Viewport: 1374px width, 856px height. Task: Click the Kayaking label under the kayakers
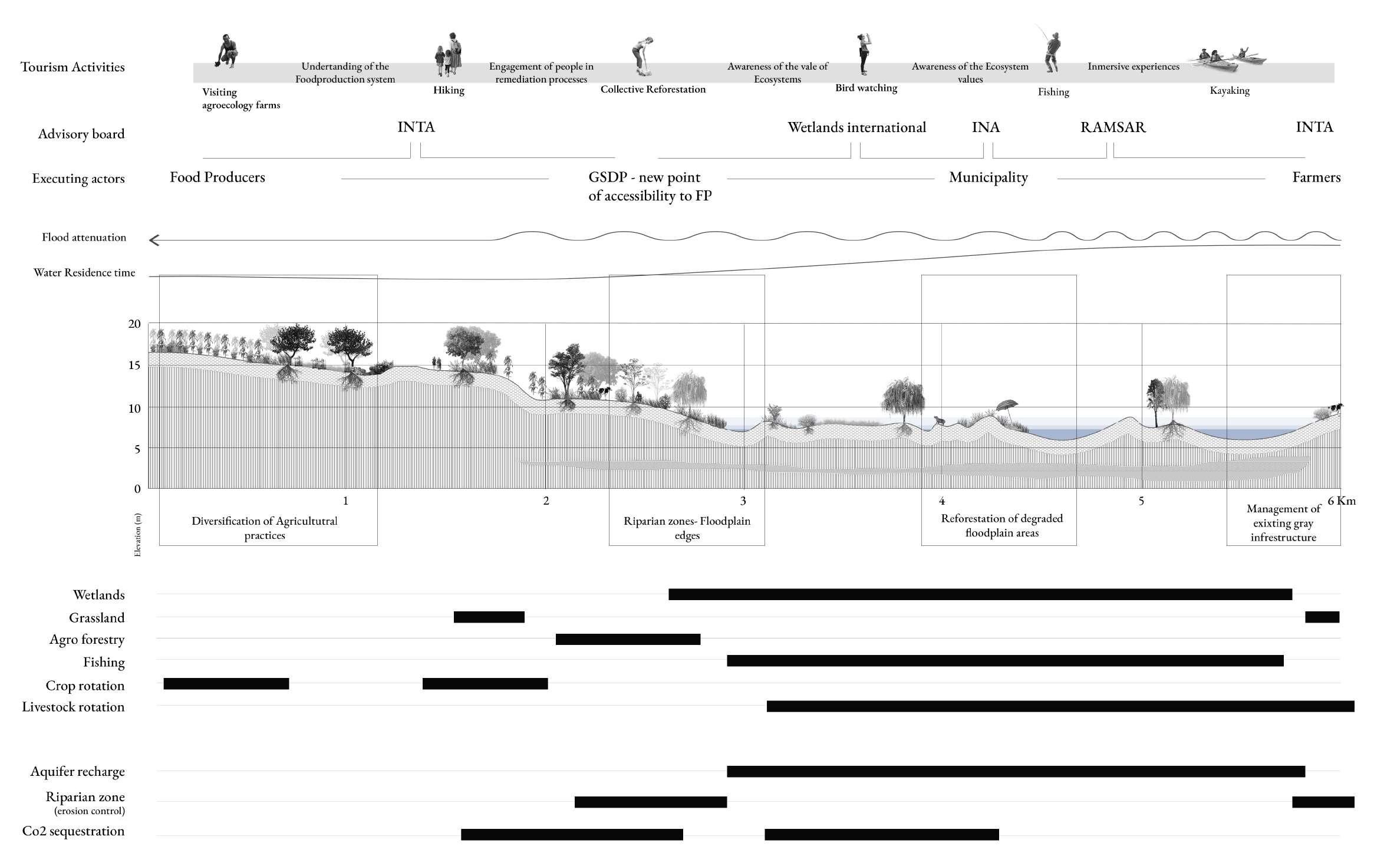(1229, 91)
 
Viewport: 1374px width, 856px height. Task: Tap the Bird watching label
(866, 88)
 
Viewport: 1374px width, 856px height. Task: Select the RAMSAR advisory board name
(1112, 127)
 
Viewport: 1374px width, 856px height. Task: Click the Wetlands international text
(856, 127)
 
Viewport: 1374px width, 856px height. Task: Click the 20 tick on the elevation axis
(134, 324)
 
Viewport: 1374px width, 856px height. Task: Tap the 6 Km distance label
(1341, 501)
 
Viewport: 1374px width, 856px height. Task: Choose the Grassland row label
(97, 618)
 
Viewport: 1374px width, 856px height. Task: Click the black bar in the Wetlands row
(980, 594)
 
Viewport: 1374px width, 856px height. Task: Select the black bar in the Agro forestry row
(628, 640)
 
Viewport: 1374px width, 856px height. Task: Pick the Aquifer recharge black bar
(1015, 772)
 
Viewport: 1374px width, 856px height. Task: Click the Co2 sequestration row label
(74, 831)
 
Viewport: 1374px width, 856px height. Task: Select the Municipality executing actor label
(988, 177)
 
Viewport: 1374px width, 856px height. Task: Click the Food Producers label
(218, 177)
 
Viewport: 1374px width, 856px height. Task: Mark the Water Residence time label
(84, 273)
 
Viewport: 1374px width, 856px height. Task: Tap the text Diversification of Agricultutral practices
(265, 528)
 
